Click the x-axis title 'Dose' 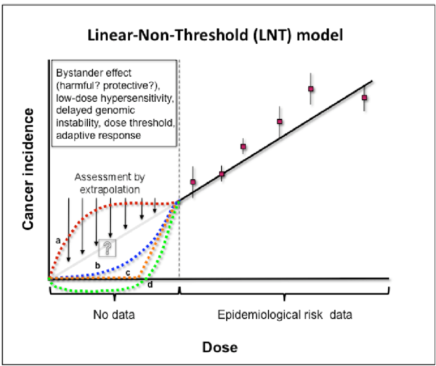point(219,347)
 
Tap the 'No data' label point(114,315)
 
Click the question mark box point(108,248)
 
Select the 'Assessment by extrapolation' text point(110,182)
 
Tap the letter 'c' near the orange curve point(128,272)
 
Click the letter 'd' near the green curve point(150,284)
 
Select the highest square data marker point(311,89)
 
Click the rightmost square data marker point(364,98)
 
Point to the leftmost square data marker point(193,182)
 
